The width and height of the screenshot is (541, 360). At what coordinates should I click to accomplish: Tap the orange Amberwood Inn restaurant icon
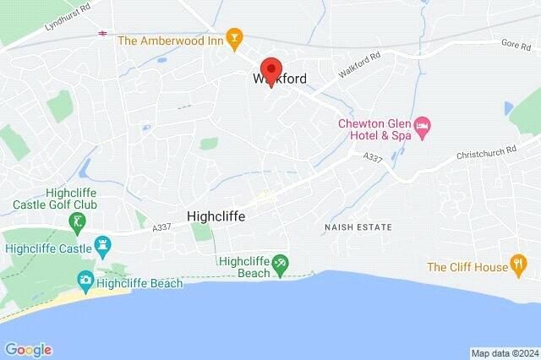click(x=236, y=39)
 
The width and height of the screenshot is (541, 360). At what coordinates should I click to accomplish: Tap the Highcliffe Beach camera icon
click(x=85, y=280)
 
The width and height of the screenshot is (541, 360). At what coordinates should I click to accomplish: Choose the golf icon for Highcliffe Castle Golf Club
click(x=77, y=221)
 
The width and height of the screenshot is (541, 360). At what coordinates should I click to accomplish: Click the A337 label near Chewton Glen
click(x=373, y=157)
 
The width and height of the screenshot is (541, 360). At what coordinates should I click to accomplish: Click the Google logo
click(x=28, y=349)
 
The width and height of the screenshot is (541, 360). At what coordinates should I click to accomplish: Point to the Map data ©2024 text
click(x=504, y=353)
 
